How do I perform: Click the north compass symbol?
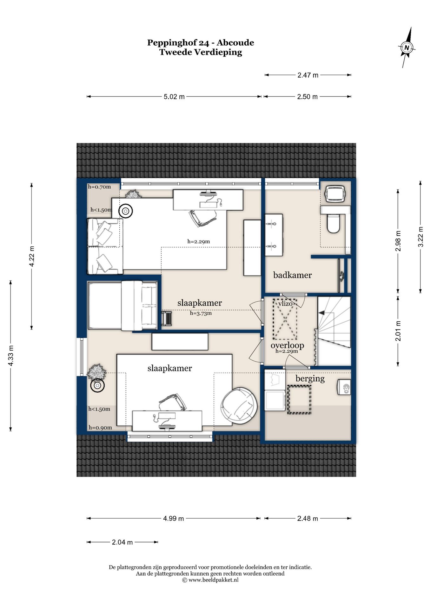407,48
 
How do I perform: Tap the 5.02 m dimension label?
174,97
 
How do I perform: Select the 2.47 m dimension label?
308,75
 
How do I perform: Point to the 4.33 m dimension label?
11,356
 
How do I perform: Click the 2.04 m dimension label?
122,542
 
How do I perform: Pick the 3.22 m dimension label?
420,237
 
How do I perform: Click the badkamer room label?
292,275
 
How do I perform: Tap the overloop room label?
287,345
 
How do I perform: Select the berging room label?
310,378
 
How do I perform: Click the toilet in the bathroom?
333,223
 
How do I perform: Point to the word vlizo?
285,304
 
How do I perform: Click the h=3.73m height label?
201,313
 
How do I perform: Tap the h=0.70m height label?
99,187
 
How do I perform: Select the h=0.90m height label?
100,428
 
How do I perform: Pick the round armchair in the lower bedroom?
239,406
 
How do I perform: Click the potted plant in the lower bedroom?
96,372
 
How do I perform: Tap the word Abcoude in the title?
235,43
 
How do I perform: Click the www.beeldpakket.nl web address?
213,580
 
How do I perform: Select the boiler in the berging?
344,387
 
